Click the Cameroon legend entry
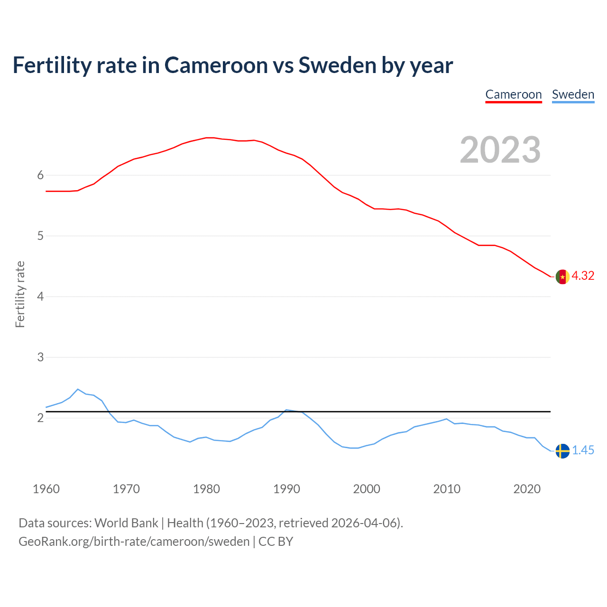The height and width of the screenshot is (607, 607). [x=514, y=94]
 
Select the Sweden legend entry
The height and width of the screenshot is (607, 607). [x=573, y=94]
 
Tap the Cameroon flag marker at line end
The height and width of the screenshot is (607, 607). [x=562, y=276]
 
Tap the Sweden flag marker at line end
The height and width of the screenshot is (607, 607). [x=562, y=451]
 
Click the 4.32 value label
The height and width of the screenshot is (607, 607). [x=583, y=276]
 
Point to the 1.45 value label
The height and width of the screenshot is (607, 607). [x=583, y=451]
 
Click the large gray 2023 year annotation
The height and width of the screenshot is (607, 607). [x=500, y=150]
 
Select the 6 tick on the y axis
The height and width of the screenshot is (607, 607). [x=40, y=175]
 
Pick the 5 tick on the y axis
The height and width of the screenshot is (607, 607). [x=40, y=236]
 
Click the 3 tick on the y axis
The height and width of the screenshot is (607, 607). [x=40, y=358]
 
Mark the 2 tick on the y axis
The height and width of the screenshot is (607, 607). [x=40, y=418]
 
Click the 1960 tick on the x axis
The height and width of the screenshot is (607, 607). [x=46, y=489]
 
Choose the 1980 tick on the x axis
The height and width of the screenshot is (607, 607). [x=206, y=489]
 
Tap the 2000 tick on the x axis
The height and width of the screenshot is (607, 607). [x=367, y=489]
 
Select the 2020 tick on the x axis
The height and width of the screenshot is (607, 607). [x=527, y=489]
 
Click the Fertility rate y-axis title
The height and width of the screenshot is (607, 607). [x=20, y=294]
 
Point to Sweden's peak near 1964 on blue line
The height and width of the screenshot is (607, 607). [x=78, y=389]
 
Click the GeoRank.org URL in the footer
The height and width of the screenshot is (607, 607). [x=134, y=542]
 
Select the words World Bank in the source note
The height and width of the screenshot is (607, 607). [x=126, y=523]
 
